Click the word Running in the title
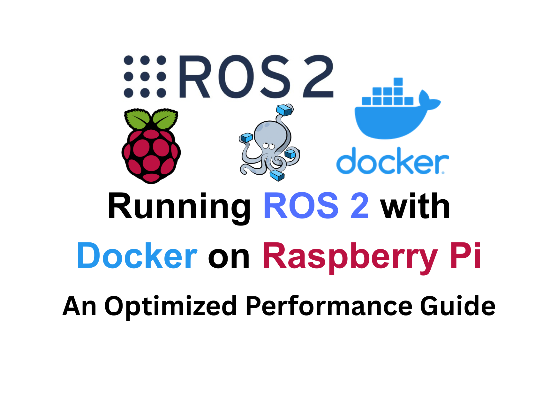[179, 207]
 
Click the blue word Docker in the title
[137, 256]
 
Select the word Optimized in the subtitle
[170, 307]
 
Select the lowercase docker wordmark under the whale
[392, 161]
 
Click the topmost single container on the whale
[398, 82]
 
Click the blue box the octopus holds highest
[284, 110]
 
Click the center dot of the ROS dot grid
[145, 77]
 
